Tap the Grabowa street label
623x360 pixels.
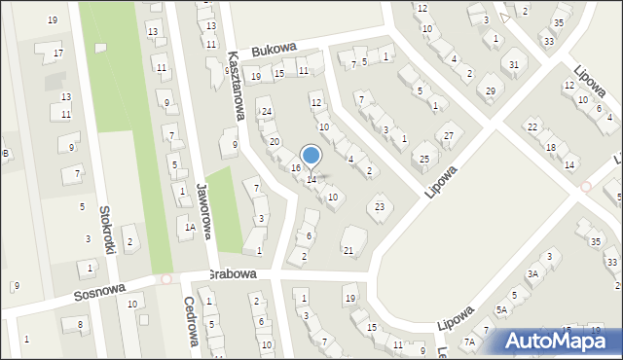tap(231, 274)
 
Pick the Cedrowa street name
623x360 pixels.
tap(191, 321)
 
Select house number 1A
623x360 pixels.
tap(190, 227)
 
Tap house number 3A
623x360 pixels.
tap(532, 274)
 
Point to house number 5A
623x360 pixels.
tap(501, 309)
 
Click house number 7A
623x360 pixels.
tap(469, 342)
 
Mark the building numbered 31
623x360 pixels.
tap(514, 65)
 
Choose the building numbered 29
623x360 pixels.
tap(491, 90)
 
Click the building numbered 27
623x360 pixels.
tap(448, 135)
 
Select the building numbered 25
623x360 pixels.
tap(424, 158)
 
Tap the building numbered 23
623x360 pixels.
tap(380, 206)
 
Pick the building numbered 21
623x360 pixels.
tap(348, 250)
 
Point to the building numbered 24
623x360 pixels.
tap(266, 112)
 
